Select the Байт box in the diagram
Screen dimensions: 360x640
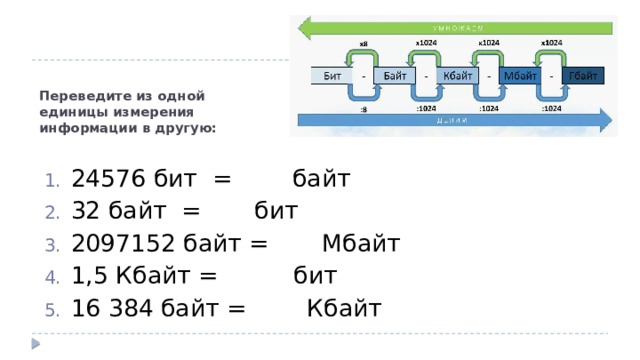pos(394,76)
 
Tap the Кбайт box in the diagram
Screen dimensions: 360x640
pos(457,76)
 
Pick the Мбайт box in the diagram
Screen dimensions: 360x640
pos(520,76)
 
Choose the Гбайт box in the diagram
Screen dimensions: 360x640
pos(582,76)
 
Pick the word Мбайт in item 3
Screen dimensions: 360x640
pos(361,244)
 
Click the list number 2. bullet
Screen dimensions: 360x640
pos(52,213)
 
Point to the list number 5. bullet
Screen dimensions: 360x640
pos(52,309)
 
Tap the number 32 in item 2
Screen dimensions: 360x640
pos(87,212)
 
